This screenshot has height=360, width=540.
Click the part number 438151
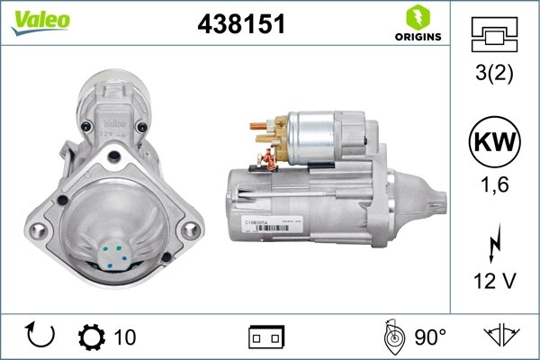(x=240, y=25)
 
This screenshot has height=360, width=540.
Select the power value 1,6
(x=494, y=186)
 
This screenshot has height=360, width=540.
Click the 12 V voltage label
(x=494, y=282)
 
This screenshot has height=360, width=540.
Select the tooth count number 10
(x=125, y=337)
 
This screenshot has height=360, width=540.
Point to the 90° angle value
(x=429, y=337)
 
